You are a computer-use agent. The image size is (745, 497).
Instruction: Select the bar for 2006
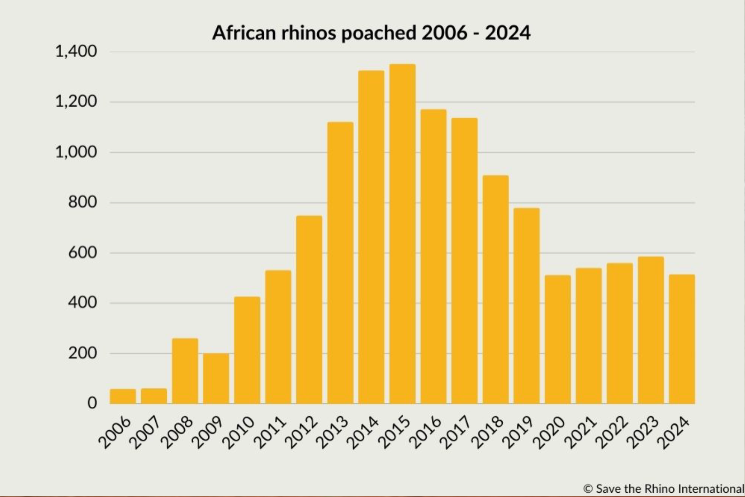pyautogui.click(x=123, y=396)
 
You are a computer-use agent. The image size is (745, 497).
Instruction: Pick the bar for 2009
pyautogui.click(x=216, y=378)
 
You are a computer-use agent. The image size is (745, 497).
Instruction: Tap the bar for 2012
pyautogui.click(x=309, y=309)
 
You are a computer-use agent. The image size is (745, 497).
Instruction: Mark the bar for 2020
pyautogui.click(x=558, y=339)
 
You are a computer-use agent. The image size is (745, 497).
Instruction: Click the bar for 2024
pyautogui.click(x=682, y=339)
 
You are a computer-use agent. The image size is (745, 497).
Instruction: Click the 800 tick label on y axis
pyautogui.click(x=82, y=202)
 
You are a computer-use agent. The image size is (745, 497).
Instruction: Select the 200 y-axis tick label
pyautogui.click(x=82, y=353)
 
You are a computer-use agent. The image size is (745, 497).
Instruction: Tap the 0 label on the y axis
pyautogui.click(x=92, y=403)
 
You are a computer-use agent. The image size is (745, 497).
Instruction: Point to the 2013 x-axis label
pyautogui.click(x=333, y=432)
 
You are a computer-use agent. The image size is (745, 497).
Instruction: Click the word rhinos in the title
pyautogui.click(x=309, y=33)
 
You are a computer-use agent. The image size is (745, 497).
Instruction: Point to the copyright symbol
pyautogui.click(x=588, y=489)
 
